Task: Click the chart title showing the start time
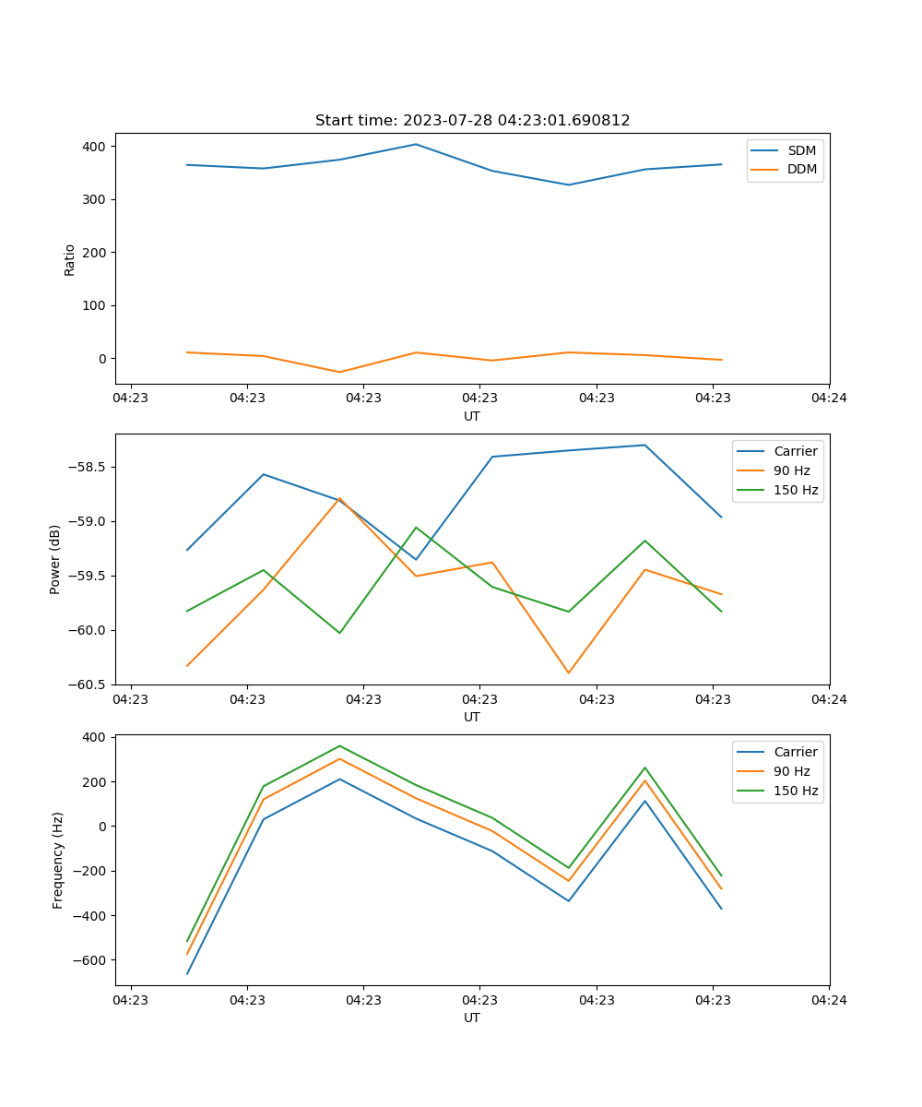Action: tap(472, 121)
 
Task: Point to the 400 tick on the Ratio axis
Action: tap(96, 147)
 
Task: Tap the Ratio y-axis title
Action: tap(70, 259)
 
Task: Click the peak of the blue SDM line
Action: tap(416, 144)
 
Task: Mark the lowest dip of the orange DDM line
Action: tap(339, 372)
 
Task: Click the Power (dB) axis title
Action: tap(55, 559)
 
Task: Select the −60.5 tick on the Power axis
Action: tap(89, 684)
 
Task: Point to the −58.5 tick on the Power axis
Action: tap(89, 467)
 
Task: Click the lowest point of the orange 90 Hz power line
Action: tap(568, 673)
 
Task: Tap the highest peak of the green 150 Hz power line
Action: tap(416, 528)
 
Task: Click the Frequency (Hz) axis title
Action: tap(57, 860)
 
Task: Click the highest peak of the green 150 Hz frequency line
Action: tap(339, 745)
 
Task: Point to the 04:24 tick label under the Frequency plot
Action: tap(829, 999)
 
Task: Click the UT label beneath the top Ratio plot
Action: tap(472, 416)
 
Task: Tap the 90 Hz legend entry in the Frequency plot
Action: tap(792, 771)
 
